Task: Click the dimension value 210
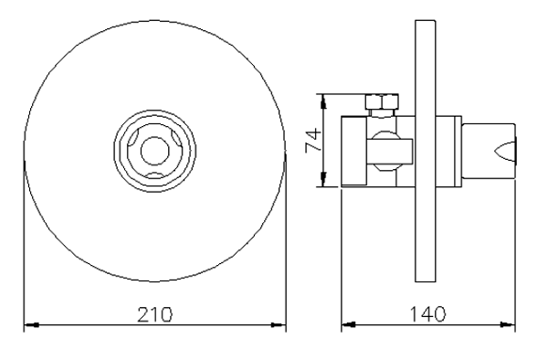click(x=155, y=314)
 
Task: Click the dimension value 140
click(x=427, y=314)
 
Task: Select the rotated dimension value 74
click(x=313, y=140)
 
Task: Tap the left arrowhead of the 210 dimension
click(x=31, y=325)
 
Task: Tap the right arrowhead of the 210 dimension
click(x=279, y=325)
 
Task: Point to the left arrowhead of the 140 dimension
click(x=349, y=325)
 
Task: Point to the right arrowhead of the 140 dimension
click(x=508, y=325)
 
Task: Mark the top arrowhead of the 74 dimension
click(x=323, y=101)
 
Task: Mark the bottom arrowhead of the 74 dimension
click(x=323, y=180)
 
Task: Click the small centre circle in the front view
click(x=155, y=151)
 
